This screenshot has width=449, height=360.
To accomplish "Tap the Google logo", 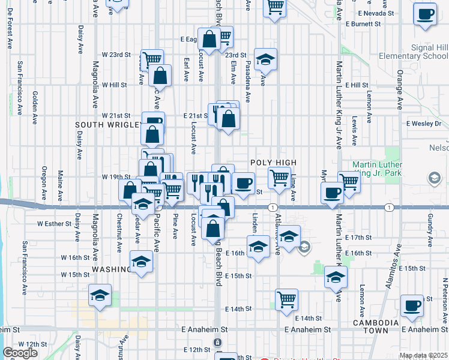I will (x=20, y=353).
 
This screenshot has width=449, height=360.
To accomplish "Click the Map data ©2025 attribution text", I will (x=423, y=355).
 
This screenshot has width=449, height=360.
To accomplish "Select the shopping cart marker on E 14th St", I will (x=287, y=299).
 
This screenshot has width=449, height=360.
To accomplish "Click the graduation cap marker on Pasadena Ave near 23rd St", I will (x=265, y=59).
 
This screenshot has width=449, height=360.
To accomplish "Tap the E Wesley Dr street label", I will (x=423, y=124).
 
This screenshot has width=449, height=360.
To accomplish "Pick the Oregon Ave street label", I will (x=44, y=183).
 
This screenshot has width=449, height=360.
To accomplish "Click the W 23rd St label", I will (x=116, y=55).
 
